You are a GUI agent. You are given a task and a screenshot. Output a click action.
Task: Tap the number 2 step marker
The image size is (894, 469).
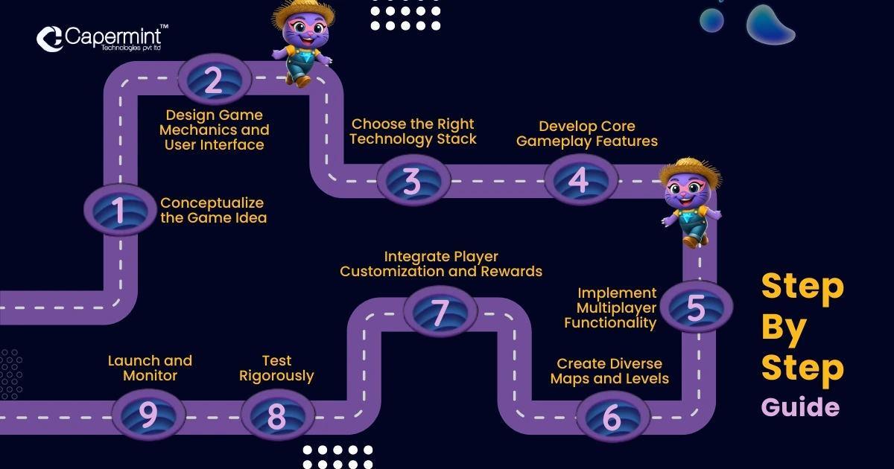click(214, 80)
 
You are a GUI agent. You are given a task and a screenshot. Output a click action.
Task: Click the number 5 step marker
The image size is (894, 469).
click(695, 307)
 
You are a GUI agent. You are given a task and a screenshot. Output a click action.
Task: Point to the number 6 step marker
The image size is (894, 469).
click(611, 418)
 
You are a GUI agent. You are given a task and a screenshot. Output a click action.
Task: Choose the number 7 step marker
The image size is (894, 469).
click(440, 312)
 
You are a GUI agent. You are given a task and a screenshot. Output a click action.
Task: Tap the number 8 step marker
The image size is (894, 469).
click(276, 416)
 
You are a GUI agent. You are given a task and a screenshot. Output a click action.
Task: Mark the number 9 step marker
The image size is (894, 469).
click(148, 415)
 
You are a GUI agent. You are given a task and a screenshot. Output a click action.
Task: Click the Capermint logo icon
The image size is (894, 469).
click(49, 39)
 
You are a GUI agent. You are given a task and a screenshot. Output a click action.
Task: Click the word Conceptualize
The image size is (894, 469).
click(212, 202)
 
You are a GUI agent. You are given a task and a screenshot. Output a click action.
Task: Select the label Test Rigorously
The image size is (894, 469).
click(276, 368)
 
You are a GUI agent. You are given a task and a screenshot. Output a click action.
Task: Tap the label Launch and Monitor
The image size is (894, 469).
click(150, 368)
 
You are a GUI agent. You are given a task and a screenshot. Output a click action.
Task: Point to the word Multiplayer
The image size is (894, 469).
click(616, 307)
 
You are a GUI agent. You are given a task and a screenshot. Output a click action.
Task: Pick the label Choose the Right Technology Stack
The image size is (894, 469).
click(413, 131)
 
